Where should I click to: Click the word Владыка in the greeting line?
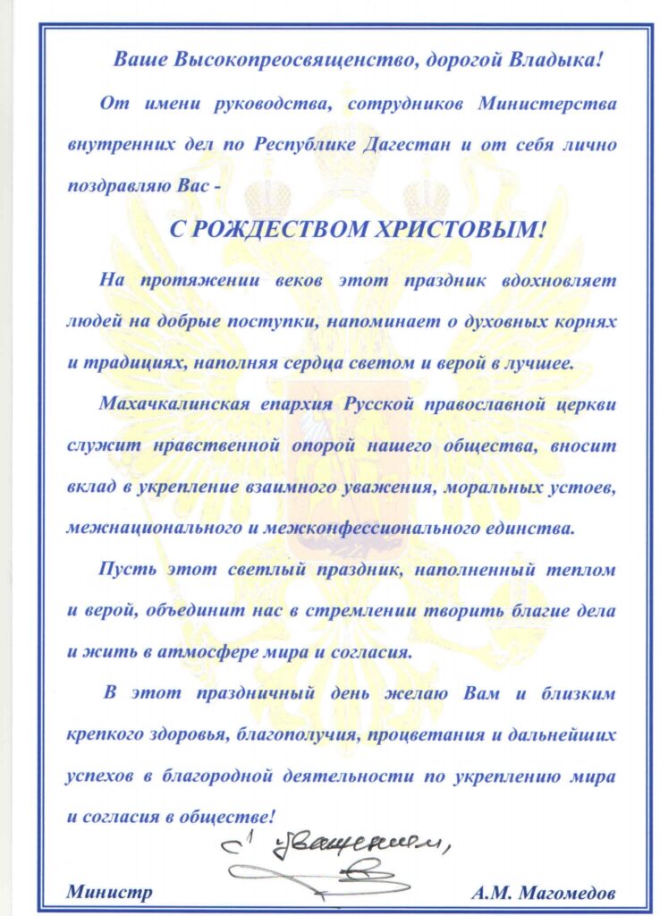pos(557,62)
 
